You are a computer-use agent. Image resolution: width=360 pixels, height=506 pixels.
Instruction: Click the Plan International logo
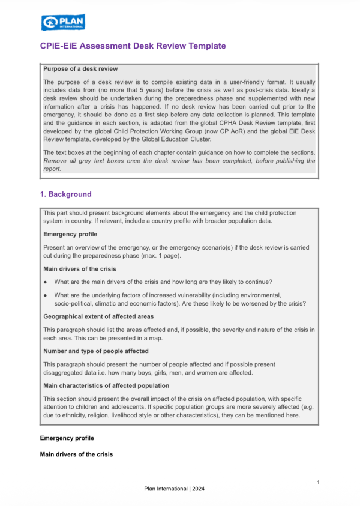(63, 23)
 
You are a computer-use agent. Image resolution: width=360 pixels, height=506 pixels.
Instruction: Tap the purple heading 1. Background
(65, 194)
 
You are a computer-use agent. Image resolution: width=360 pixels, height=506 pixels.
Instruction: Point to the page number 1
(318, 483)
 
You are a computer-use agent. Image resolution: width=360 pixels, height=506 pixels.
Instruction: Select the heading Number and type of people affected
(96, 351)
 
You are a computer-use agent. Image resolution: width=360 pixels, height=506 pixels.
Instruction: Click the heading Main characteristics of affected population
(106, 385)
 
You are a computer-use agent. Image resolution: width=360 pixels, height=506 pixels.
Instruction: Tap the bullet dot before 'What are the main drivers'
(45, 282)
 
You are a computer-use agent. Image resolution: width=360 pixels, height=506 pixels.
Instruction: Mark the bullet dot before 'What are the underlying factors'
(45, 295)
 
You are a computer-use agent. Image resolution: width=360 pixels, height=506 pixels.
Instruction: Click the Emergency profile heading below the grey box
(67, 438)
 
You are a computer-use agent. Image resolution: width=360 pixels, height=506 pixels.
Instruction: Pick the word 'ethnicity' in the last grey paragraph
(74, 415)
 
